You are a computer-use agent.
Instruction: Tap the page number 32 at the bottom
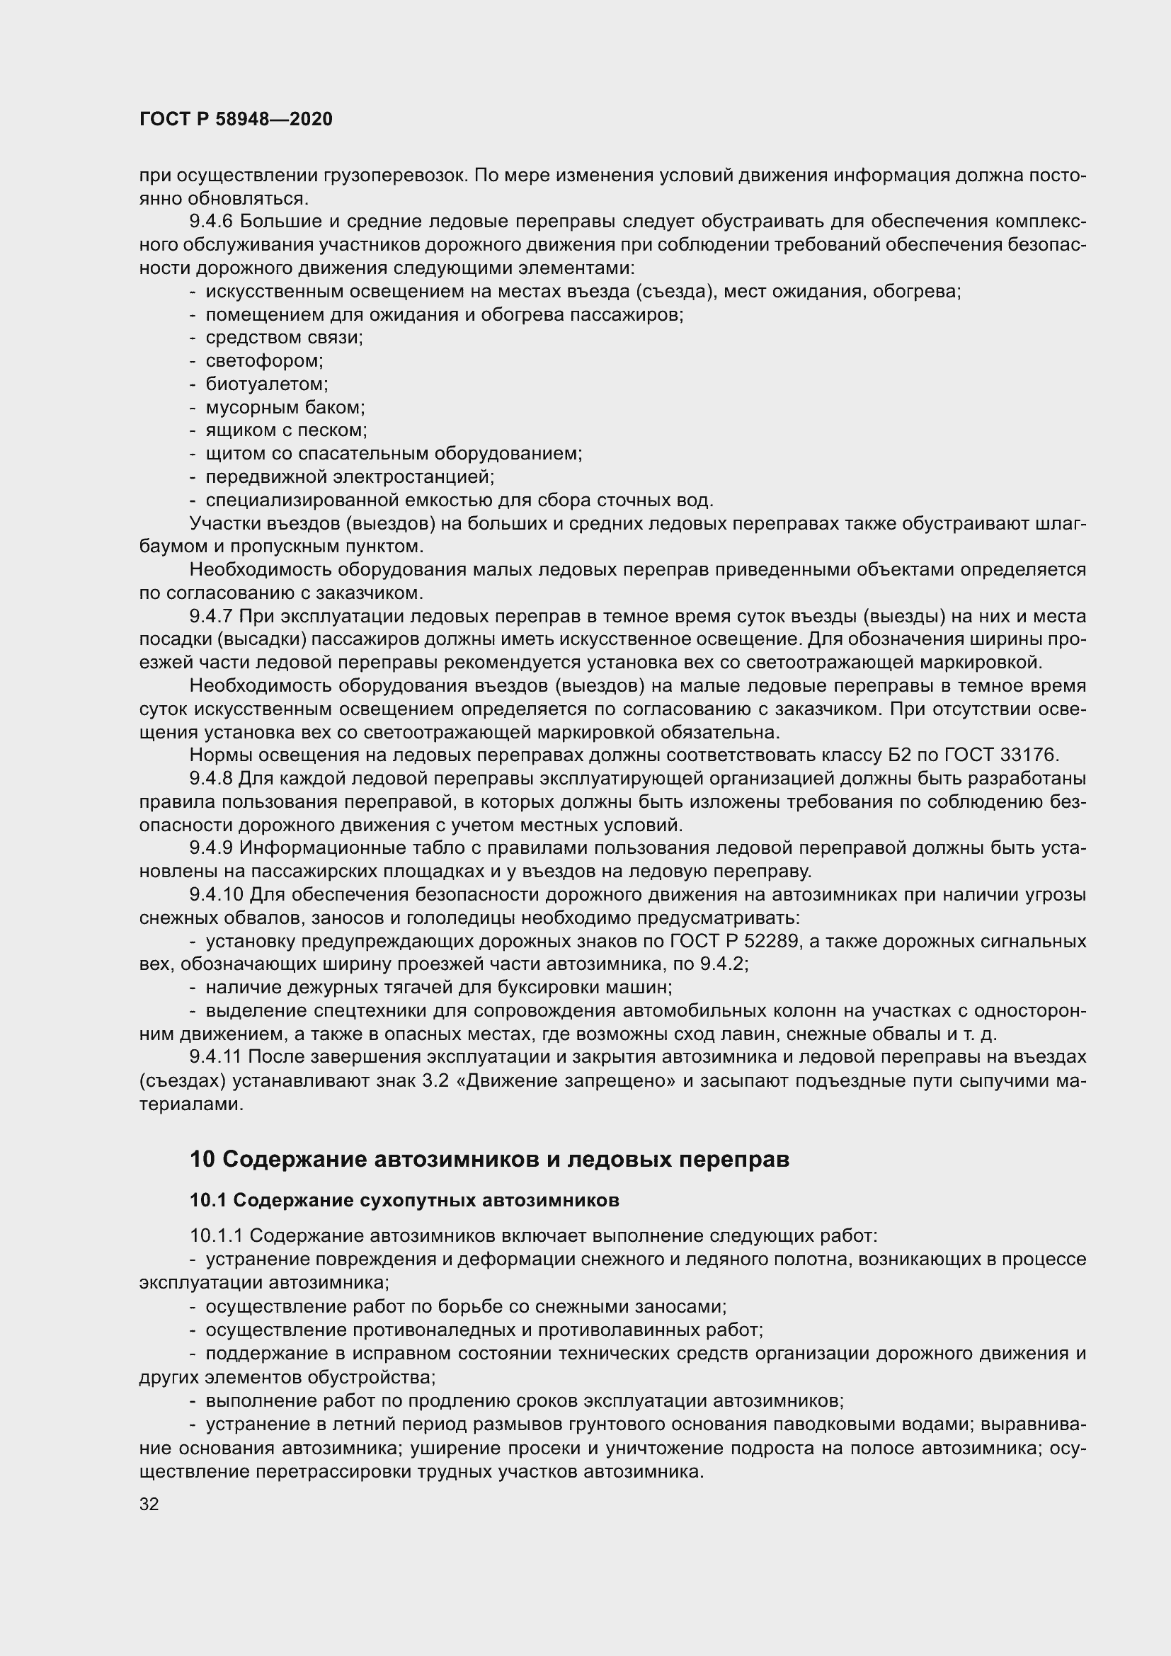(149, 1504)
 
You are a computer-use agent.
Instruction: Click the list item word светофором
(264, 360)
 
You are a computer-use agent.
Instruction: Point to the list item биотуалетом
(267, 384)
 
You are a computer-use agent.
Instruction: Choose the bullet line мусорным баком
(285, 408)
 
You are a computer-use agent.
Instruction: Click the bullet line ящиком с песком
(286, 430)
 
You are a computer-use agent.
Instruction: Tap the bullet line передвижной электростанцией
(350, 476)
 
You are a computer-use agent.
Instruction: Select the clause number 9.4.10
(218, 895)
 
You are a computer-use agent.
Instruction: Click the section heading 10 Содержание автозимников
(489, 1160)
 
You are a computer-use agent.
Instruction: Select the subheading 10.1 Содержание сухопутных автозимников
(404, 1200)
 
